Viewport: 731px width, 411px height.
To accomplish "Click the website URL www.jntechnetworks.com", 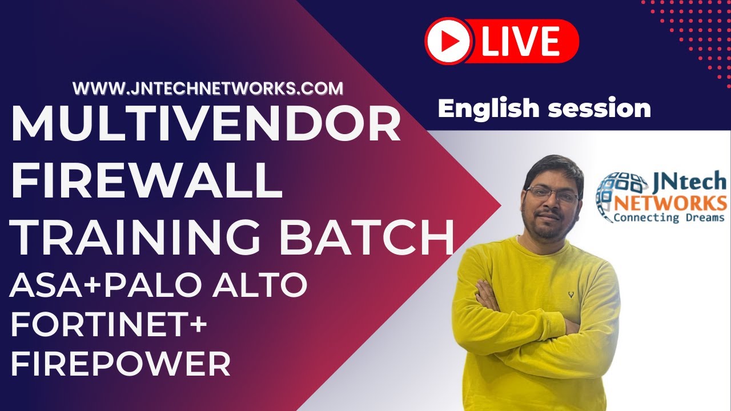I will tap(208, 88).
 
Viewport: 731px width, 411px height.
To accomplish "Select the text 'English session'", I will tap(544, 108).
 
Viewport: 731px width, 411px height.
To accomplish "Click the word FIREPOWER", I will tap(121, 364).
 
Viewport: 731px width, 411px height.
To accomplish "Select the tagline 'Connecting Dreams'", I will tap(669, 217).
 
